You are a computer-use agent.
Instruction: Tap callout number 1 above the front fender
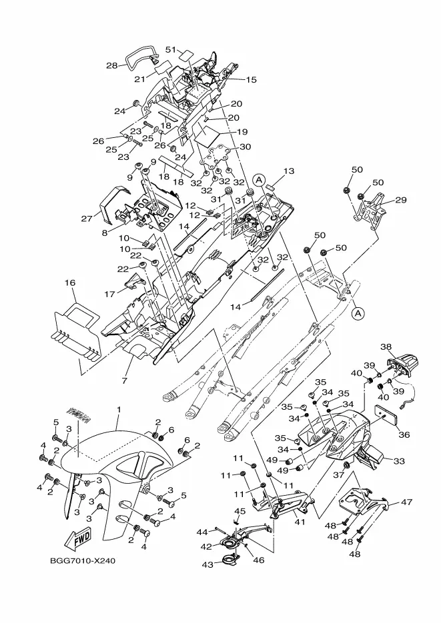tap(119, 409)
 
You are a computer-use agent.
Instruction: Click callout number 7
tap(125, 380)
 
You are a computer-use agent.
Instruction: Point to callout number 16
tap(70, 283)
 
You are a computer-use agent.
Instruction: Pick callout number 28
tap(112, 65)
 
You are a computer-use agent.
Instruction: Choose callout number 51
tap(171, 50)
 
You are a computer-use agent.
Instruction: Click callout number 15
tap(252, 79)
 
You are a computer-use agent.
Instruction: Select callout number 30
tap(246, 147)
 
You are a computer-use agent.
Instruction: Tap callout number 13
tap(289, 171)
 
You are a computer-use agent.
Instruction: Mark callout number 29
tap(401, 199)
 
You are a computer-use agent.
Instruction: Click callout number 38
tap(386, 347)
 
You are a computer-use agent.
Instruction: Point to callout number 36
tap(404, 434)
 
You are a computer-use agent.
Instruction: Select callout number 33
tap(399, 461)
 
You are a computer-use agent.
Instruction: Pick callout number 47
tap(406, 502)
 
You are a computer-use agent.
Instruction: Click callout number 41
tap(299, 522)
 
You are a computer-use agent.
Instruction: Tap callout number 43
tap(208, 564)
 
